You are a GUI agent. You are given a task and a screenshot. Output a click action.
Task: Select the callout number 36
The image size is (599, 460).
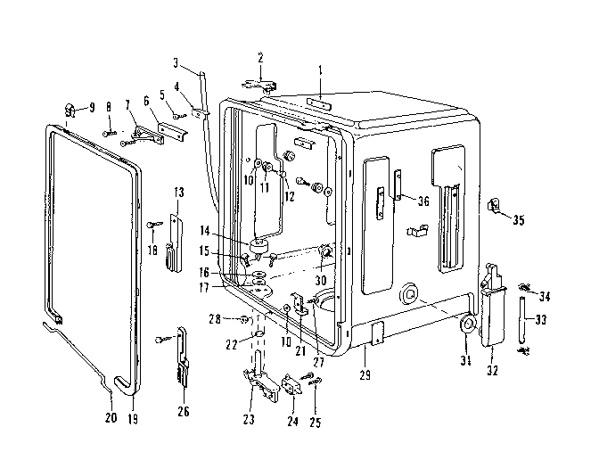tap(423, 201)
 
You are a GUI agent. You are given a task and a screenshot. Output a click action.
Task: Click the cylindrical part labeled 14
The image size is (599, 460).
tap(260, 243)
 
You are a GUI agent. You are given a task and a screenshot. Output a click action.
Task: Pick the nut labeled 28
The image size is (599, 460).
tap(242, 319)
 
